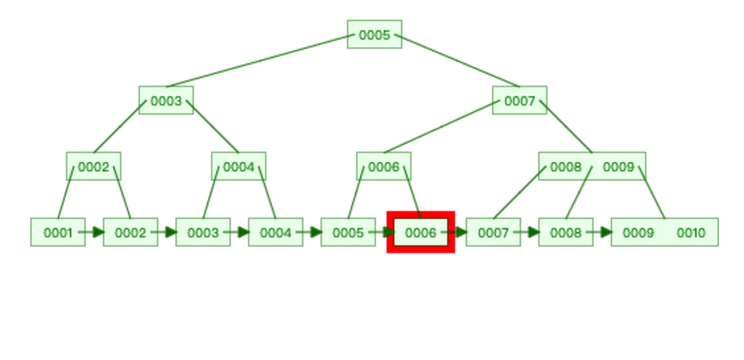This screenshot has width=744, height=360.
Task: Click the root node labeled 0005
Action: click(x=374, y=35)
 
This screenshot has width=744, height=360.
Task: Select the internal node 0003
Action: click(x=166, y=101)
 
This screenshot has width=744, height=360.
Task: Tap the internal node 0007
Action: click(x=519, y=101)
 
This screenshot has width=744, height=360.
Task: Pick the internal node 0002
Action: click(x=94, y=167)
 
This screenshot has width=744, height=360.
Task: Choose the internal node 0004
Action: click(x=239, y=167)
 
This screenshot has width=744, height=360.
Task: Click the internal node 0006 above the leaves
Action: click(x=384, y=167)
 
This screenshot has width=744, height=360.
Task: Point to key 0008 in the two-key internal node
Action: click(x=565, y=167)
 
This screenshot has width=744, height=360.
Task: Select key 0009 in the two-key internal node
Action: click(x=618, y=167)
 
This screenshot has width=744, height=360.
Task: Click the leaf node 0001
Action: click(x=57, y=233)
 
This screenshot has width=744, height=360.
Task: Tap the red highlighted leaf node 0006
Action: click(x=421, y=233)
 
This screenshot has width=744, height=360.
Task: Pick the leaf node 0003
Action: click(x=202, y=233)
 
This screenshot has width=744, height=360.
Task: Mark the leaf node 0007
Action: click(x=493, y=233)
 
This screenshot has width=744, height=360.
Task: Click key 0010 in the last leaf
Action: click(x=691, y=233)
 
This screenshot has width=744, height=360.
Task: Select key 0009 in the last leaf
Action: click(x=638, y=233)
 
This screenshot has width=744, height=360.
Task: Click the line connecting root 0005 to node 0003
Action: click(x=257, y=61)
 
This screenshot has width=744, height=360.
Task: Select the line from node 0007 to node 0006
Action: click(x=439, y=127)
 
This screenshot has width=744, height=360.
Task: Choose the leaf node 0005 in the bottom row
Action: click(x=348, y=233)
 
